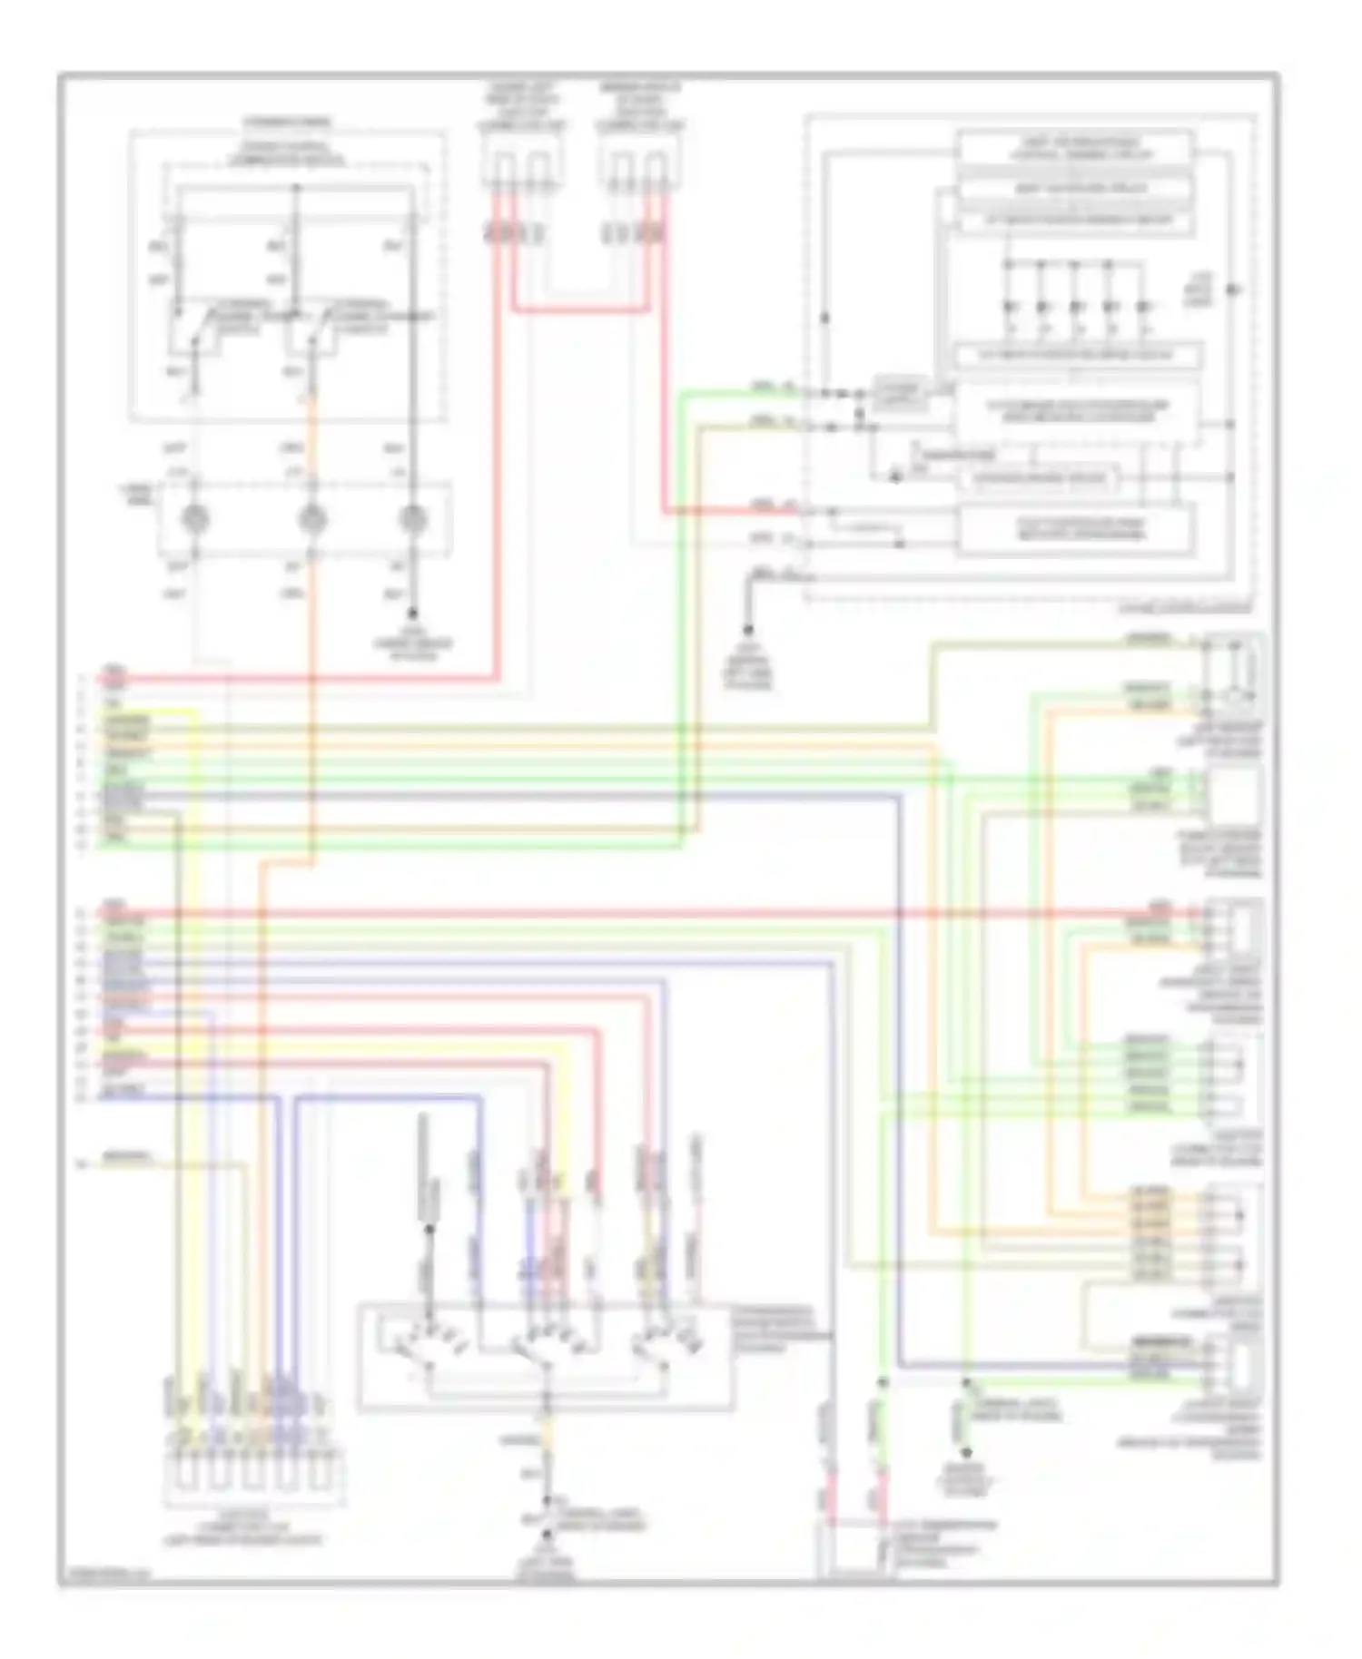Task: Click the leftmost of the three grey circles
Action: coord(195,519)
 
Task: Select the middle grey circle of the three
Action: coord(312,519)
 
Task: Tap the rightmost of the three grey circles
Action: coord(413,519)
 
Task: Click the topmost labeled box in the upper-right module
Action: coord(1074,148)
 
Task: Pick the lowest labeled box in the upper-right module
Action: coord(1076,529)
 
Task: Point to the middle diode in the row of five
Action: coord(1075,306)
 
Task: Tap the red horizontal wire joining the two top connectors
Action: coord(581,310)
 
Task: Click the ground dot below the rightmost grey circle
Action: coord(413,614)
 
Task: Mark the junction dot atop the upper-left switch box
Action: coord(295,189)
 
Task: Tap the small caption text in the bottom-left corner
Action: coord(104,1574)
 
